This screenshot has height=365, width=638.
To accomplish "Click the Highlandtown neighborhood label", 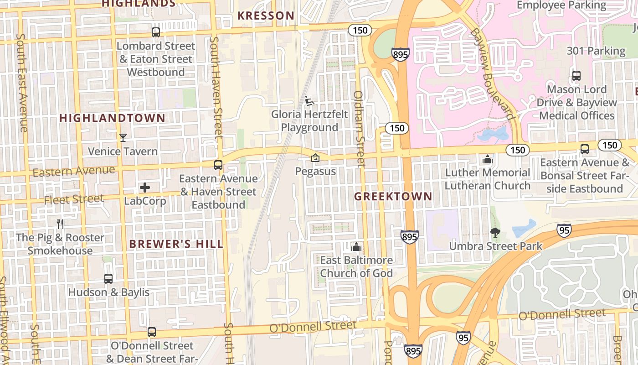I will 112,118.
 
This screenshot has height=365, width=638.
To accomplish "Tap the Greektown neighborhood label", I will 393,197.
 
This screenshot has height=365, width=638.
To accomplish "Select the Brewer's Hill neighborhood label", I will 176,244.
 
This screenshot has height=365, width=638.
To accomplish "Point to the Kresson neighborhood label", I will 266,16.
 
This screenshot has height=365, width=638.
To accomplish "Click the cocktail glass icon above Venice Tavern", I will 123,137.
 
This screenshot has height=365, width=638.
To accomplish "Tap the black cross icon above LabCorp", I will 145,188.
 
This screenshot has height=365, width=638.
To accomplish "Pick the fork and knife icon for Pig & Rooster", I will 60,224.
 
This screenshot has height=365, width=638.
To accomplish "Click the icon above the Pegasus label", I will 315,158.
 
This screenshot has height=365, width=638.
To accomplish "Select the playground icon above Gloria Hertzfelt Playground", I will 309,100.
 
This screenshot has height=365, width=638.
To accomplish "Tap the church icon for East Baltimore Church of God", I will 356,247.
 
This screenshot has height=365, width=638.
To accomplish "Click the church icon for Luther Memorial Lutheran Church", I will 488,160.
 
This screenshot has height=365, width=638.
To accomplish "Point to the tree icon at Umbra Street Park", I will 495,233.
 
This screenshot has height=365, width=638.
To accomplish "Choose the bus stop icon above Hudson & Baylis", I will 108,279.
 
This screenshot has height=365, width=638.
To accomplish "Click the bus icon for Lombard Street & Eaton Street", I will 156,32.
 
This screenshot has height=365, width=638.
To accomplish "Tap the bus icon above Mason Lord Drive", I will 576,76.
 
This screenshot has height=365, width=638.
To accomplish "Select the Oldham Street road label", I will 360,129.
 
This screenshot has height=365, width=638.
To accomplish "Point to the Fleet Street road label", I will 74,199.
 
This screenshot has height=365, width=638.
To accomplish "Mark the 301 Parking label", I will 596,51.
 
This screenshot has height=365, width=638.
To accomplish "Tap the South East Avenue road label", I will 22,82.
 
